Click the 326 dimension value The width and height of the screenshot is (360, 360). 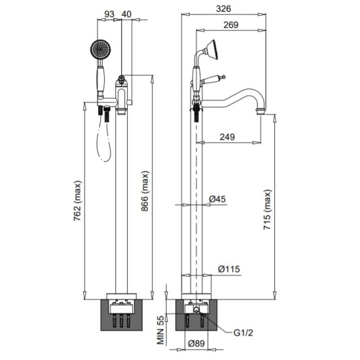tap(223, 9)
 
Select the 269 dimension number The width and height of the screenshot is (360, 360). tap(231, 25)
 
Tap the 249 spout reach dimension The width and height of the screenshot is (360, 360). tap(227, 137)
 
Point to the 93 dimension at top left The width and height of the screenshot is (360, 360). tap(109, 14)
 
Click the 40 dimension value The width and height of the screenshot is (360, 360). tap(126, 14)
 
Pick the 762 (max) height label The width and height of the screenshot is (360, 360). tap(78, 201)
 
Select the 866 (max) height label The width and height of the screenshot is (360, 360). tap(145, 191)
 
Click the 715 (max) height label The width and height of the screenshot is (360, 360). tap(267, 209)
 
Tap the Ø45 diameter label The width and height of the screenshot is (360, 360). tap(217, 199)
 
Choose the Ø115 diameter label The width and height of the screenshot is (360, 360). tap(229, 269)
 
